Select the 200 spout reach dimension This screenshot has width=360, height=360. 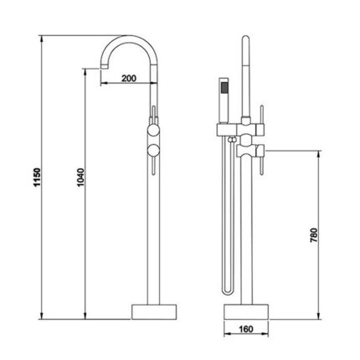click(128, 78)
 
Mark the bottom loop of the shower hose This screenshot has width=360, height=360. click(224, 288)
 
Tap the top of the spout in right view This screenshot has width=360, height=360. click(245, 42)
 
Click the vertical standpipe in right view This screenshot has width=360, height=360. click(246, 234)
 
